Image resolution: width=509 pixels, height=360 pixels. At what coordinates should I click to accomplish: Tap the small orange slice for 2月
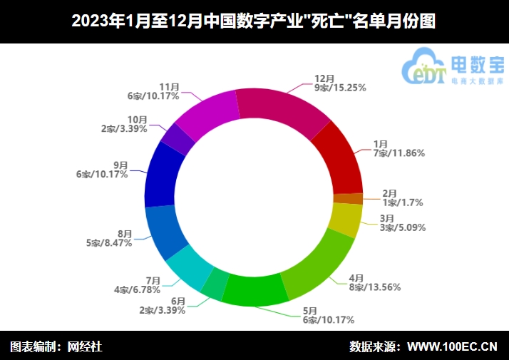[349, 198]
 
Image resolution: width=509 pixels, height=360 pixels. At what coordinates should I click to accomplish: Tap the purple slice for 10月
[178, 138]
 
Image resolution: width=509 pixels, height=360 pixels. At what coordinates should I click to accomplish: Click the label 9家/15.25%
[340, 88]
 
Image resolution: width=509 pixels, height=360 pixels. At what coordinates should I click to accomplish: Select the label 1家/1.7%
[403, 202]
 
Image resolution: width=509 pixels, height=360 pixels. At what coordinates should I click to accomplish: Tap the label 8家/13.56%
[374, 287]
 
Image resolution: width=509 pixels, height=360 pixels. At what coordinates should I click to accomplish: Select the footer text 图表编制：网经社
[56, 346]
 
